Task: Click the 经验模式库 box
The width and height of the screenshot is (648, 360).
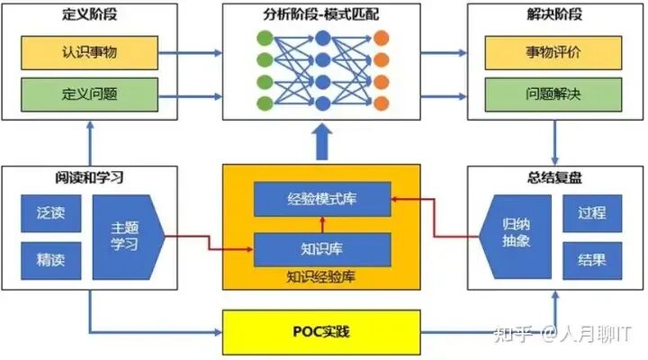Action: tap(321, 198)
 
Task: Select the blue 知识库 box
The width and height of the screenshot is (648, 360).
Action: tap(321, 247)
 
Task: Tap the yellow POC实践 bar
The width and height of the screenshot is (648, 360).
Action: tap(321, 333)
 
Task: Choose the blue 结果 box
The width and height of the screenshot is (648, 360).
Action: tap(591, 260)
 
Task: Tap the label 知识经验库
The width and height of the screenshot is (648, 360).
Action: tap(321, 275)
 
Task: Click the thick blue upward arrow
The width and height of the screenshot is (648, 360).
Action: tap(321, 140)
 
